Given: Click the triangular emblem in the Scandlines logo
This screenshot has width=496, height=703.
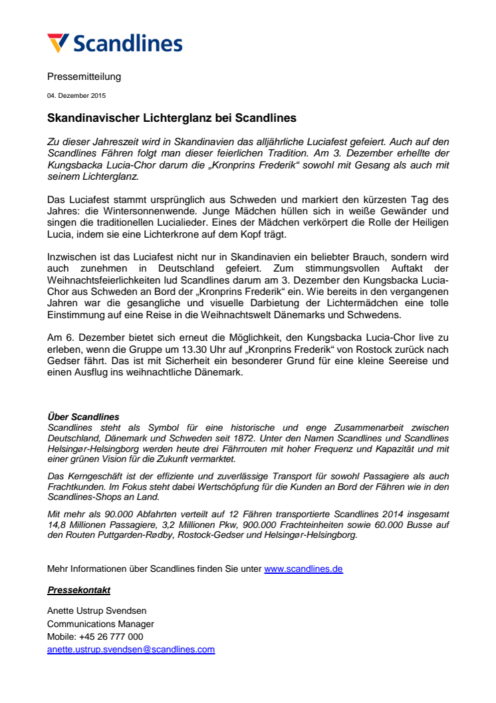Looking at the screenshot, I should coord(57,43).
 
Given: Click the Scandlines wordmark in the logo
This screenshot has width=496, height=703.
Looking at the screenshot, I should coord(127,44).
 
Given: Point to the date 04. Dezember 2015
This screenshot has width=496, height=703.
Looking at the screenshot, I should coord(76,96).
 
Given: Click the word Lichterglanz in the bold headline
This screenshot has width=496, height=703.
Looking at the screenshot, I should coord(175,118).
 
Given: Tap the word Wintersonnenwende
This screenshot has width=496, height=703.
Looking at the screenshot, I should coord(127,212).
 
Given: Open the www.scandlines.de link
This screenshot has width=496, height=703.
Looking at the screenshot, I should coord(303,569).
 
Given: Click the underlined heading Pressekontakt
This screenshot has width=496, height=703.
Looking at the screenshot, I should coord(78,590).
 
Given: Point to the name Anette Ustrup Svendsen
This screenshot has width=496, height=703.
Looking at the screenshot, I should coord(96,611).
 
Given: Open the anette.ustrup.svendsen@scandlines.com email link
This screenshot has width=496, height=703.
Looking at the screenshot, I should coord(131,649).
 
